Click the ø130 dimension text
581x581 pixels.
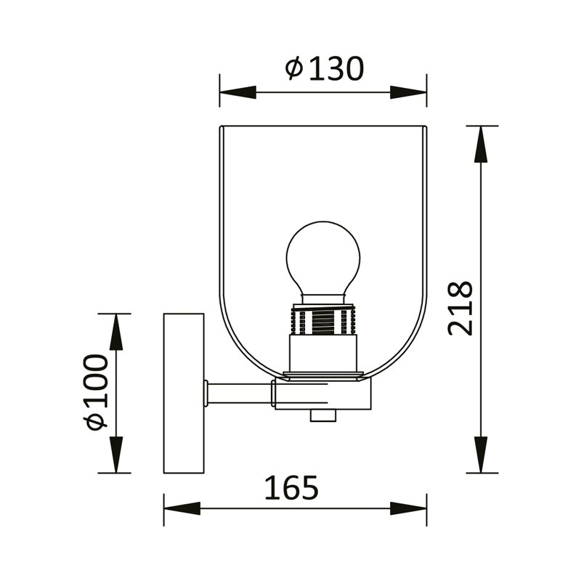pyautogui.click(x=325, y=69)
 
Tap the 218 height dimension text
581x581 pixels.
pyautogui.click(x=460, y=308)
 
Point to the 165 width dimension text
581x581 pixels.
pyautogui.click(x=290, y=488)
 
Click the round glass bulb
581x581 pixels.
pyautogui.click(x=323, y=258)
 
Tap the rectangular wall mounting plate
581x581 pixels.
pyautogui.click(x=184, y=393)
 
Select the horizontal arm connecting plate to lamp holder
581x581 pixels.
pyautogui.click(x=240, y=393)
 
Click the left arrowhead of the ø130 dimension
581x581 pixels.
pyautogui.click(x=236, y=93)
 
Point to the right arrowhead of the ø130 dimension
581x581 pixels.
pyautogui.click(x=410, y=93)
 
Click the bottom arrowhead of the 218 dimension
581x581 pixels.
pyautogui.click(x=480, y=455)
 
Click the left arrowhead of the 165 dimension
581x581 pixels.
pyautogui.click(x=180, y=508)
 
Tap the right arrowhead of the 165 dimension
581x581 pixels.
pyautogui.click(x=410, y=508)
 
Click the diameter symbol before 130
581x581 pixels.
pyautogui.click(x=293, y=69)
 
